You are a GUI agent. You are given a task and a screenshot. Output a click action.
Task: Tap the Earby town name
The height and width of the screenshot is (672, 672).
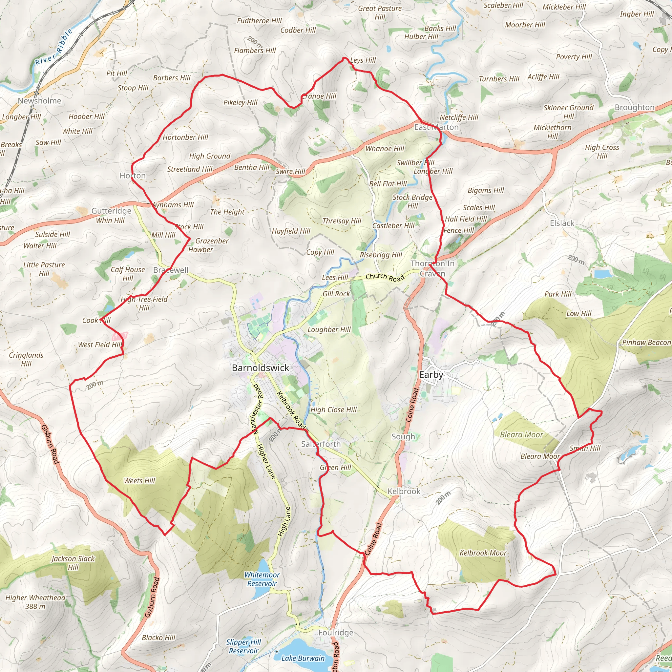coord(431,375)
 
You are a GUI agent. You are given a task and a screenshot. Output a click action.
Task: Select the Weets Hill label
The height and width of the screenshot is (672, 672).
coord(139,481)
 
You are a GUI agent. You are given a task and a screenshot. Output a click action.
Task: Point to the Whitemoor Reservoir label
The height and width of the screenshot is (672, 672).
coord(262,579)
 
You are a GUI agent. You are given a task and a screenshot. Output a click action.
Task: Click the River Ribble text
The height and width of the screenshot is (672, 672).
coord(54,47)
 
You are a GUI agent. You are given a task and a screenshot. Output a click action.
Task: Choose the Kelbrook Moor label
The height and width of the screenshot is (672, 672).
coord(483,553)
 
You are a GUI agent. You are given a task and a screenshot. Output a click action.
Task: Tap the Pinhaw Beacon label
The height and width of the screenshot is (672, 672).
coord(646,342)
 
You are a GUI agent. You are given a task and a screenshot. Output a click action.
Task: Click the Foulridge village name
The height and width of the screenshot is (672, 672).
coord(336,632)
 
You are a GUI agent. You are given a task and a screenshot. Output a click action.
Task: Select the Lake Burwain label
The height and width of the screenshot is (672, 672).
coord(303,658)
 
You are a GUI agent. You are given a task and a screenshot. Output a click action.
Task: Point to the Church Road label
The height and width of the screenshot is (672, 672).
coord(385,277)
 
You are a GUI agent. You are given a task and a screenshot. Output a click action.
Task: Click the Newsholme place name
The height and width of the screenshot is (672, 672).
coord(39,100)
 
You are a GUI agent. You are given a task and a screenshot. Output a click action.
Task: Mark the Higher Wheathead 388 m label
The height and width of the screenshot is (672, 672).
coord(35,602)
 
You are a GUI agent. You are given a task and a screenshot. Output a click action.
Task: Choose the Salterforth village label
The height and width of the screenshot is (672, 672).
coord(321,444)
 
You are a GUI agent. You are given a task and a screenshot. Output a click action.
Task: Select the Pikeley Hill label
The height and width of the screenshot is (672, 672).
coord(240,102)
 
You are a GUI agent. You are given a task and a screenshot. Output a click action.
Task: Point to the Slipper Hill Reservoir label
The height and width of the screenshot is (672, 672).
coord(243,646)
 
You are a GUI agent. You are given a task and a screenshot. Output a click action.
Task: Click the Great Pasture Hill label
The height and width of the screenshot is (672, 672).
coord(380,12)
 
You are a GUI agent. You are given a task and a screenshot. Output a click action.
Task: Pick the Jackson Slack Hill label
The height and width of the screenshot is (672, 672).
coord(73,563)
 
